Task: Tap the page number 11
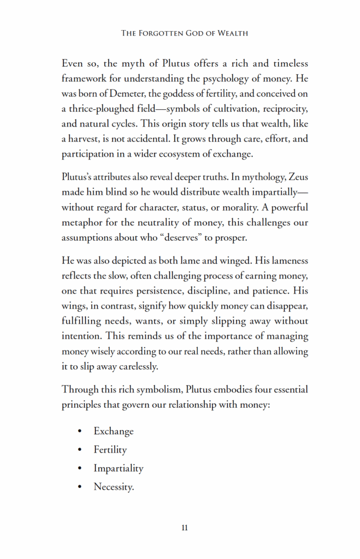coord(185,528)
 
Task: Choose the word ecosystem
coord(187,154)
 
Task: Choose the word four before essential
coord(258,390)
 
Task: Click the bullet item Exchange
coord(114,431)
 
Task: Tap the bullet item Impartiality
coord(119,468)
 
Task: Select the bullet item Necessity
coord(114,487)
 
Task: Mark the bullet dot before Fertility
coord(80,450)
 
